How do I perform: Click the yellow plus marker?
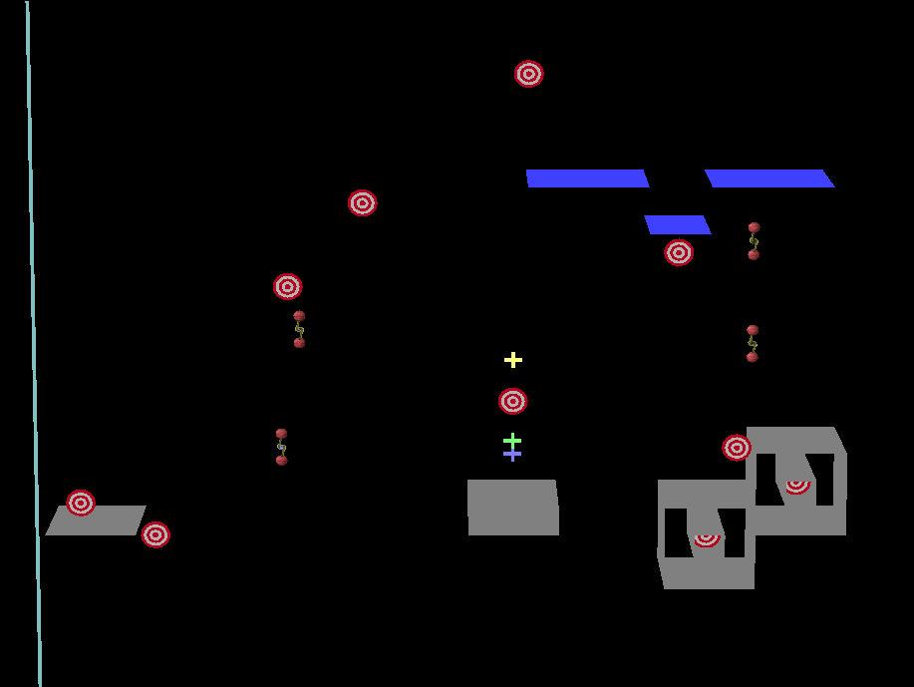click(513, 360)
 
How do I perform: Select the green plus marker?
click(512, 440)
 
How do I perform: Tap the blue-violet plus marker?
click(512, 455)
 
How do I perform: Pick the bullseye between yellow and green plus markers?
click(513, 401)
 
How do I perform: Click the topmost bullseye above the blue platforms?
click(529, 74)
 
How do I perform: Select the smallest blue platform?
click(678, 224)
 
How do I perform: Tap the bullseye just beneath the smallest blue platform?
click(679, 252)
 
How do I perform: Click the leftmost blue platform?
click(587, 177)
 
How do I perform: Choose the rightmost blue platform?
click(768, 177)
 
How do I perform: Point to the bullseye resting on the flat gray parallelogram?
click(81, 503)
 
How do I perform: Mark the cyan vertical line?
click(33, 339)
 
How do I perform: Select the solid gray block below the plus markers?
click(513, 508)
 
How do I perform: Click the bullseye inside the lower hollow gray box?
click(707, 538)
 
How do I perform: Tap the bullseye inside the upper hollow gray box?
click(796, 486)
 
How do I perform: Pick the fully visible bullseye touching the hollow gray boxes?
click(737, 448)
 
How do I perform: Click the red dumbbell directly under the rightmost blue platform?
click(754, 241)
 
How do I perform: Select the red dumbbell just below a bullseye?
click(299, 329)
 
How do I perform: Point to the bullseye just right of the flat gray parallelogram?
click(155, 534)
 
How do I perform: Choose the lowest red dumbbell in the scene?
click(282, 447)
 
